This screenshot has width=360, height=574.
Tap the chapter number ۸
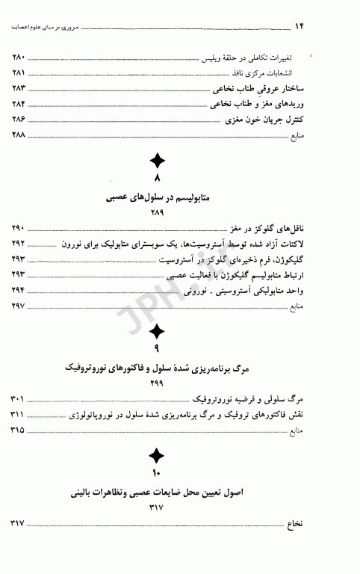click(x=158, y=180)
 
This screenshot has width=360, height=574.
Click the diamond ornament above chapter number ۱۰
click(x=157, y=455)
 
